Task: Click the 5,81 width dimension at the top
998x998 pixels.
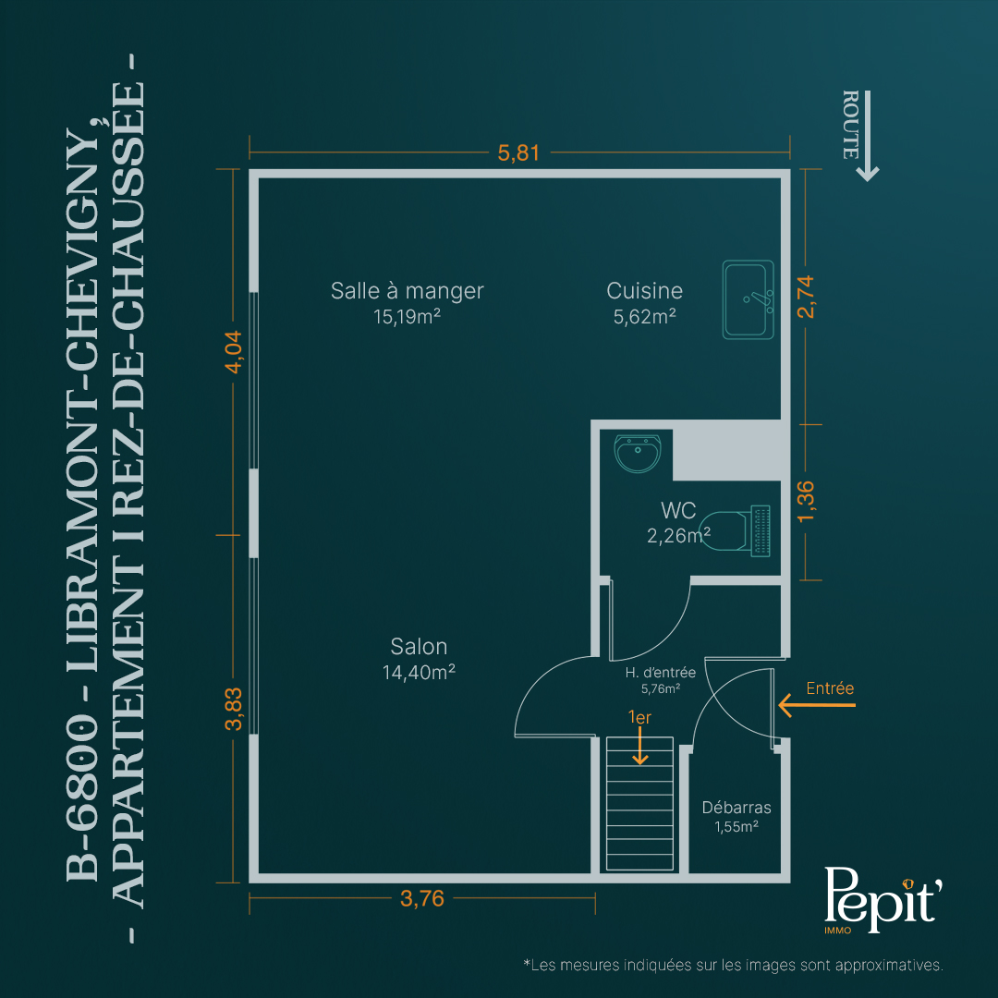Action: coord(518,152)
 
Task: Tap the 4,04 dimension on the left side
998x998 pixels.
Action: coord(234,351)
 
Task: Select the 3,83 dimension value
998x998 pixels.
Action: coord(234,709)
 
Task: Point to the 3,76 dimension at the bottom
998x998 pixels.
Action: coord(422,898)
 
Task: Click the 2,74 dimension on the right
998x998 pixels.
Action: coord(806,297)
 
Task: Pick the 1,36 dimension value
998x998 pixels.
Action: coord(806,502)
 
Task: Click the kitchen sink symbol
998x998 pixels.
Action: coord(748,299)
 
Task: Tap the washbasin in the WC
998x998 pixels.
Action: coord(637,453)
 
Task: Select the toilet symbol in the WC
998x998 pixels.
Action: coord(736,530)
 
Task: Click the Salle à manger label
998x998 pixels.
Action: coord(408,291)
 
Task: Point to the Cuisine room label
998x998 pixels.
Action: coord(644,291)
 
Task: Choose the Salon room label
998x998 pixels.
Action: coord(419,647)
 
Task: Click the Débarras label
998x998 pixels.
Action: coord(736,807)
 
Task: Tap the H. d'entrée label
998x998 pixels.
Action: coord(661,672)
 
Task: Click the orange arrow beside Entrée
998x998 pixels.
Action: coord(817,705)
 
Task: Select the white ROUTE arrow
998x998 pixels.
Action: coord(867,136)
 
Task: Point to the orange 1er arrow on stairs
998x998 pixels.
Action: coord(639,745)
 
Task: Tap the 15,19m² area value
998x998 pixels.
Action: coord(407,316)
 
